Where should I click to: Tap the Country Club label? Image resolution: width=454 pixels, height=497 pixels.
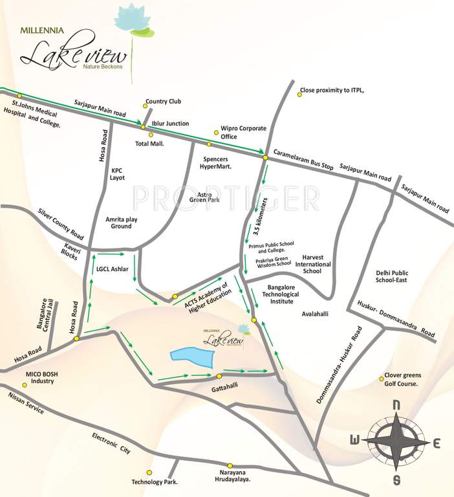pos(163,102)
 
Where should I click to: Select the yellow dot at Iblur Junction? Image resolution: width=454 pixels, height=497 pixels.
pos(144,127)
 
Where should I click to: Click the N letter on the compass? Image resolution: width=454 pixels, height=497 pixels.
pos(396,406)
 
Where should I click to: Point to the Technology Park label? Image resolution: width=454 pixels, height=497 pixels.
pos(154,482)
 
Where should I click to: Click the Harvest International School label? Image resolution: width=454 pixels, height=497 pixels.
pos(312,264)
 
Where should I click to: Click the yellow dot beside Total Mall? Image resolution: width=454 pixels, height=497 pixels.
pos(151,135)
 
